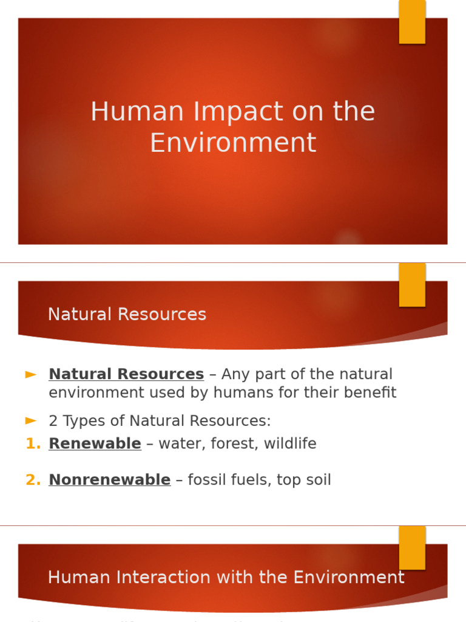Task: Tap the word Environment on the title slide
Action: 233,143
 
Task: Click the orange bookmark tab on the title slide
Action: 412,21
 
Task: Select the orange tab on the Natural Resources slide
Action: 412,284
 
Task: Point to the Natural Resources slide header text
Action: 127,315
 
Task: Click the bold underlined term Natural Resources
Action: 126,374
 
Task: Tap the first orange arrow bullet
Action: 31,375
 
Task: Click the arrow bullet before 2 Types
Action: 31,420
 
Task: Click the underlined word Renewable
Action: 95,444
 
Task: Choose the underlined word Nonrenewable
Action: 109,480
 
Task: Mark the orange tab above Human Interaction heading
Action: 412,547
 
